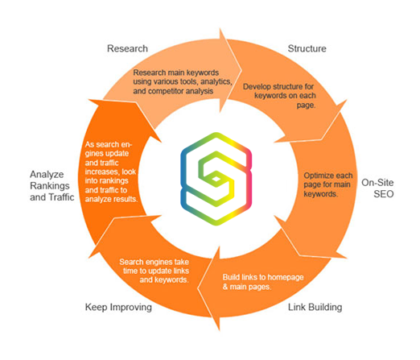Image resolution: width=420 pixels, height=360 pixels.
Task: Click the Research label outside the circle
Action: pyautogui.click(x=127, y=49)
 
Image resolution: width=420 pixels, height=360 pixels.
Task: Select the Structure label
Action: pyautogui.click(x=307, y=49)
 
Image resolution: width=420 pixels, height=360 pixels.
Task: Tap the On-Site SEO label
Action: pyautogui.click(x=378, y=188)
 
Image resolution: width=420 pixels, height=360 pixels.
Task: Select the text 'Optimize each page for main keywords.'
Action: pyautogui.click(x=326, y=184)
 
